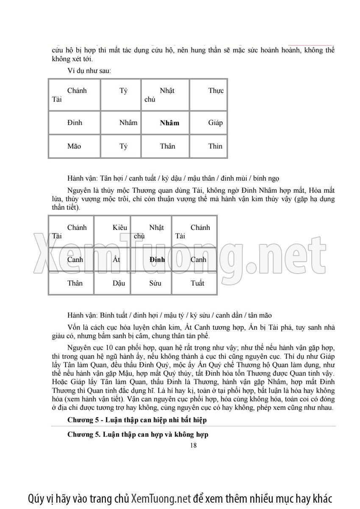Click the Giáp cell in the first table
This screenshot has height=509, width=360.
pyautogui.click(x=215, y=123)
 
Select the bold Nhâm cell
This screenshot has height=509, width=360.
pyautogui.click(x=169, y=123)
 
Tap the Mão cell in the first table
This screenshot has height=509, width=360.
pyautogui.click(x=74, y=147)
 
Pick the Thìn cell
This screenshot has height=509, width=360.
pyautogui.click(x=215, y=147)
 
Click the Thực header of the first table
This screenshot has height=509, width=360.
pyautogui.click(x=216, y=91)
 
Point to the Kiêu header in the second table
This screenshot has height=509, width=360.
pyautogui.click(x=120, y=228)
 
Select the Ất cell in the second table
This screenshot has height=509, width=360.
pyautogui.click(x=116, y=260)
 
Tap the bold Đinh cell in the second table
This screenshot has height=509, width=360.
pyautogui.click(x=157, y=260)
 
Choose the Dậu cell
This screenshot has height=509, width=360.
pyautogui.click(x=119, y=283)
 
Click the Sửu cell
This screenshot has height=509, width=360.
pyautogui.click(x=155, y=283)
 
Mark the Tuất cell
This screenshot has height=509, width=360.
pyautogui.click(x=197, y=283)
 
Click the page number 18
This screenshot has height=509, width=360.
pyautogui.click(x=194, y=445)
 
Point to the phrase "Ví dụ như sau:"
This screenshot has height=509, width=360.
pyautogui.click(x=89, y=71)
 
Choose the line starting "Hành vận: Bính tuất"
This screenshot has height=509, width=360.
pyautogui.click(x=169, y=315)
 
